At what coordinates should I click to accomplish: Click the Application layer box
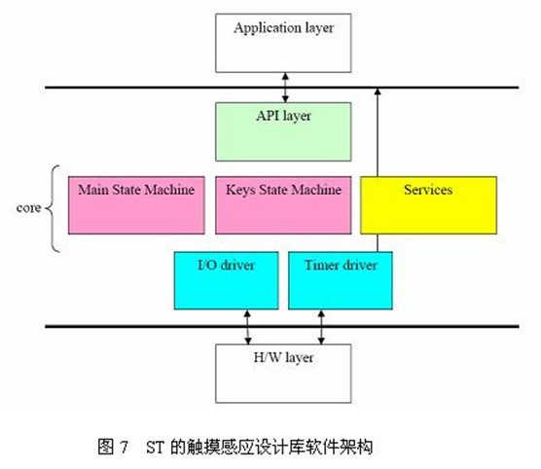pos(283,43)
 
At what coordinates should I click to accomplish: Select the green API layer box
pos(283,131)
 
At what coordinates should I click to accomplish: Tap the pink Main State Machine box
pos(136,205)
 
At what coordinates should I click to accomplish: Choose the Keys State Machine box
pos(283,205)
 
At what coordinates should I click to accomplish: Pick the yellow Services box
pos(428,205)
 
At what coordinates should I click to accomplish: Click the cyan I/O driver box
pos(227,280)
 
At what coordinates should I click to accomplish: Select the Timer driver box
pos(341,280)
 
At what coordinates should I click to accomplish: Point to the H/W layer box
pos(283,373)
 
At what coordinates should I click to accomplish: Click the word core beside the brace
pos(28,208)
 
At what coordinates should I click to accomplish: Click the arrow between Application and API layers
pos(285,88)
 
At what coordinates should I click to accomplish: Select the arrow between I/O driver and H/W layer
pos(247,327)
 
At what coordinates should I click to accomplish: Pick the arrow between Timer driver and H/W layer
pos(321,327)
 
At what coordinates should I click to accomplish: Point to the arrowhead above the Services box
pos(378,91)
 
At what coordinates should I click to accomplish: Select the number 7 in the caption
pos(125,447)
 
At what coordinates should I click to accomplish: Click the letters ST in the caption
pos(156,447)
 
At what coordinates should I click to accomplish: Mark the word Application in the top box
pos(263,28)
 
